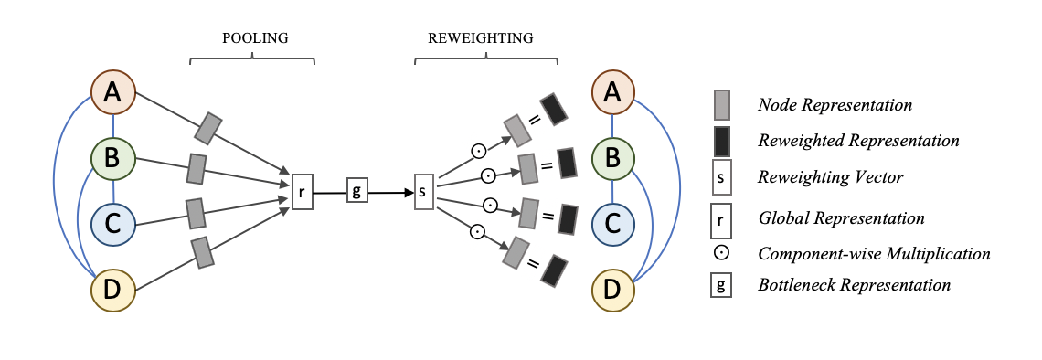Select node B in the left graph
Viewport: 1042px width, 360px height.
[x=113, y=158]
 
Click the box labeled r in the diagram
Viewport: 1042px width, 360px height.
[x=302, y=193]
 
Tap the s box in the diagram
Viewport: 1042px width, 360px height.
[x=423, y=193]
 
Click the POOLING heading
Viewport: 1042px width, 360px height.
[x=255, y=38]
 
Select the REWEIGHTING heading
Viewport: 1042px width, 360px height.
[x=480, y=38]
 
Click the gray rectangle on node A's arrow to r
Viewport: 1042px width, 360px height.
[x=208, y=128]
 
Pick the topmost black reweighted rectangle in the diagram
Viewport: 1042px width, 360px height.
[x=554, y=109]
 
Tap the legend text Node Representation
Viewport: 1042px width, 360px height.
[x=835, y=105]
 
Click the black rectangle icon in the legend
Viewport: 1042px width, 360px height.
[x=721, y=141]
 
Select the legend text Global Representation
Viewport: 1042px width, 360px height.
[x=841, y=218]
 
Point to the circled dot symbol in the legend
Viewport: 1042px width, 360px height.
[x=721, y=253]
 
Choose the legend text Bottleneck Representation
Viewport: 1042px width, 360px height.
[x=854, y=285]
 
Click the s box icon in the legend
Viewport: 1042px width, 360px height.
[x=721, y=178]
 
